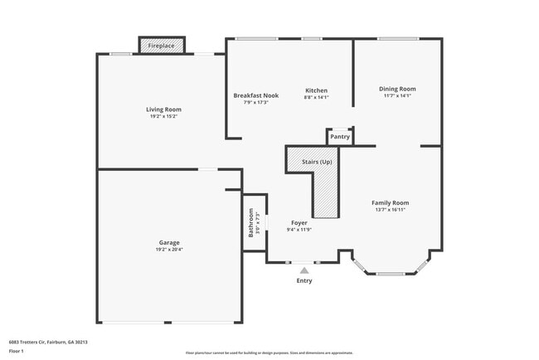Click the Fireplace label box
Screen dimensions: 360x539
(162, 46)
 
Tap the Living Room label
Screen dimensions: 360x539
(163, 109)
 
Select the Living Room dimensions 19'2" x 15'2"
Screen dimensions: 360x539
(163, 116)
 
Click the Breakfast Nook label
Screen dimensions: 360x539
(256, 95)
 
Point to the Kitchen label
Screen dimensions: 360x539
(316, 90)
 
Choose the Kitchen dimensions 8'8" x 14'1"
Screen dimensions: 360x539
(316, 97)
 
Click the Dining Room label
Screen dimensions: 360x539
(397, 89)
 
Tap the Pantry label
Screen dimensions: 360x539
(340, 136)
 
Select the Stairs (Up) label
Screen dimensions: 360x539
(317, 161)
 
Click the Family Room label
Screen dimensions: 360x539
(390, 202)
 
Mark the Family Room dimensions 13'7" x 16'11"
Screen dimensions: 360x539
(390, 209)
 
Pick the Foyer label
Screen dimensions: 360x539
(299, 223)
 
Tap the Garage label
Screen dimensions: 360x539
(169, 243)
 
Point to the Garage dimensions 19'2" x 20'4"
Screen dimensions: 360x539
(169, 250)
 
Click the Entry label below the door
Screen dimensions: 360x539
(304, 280)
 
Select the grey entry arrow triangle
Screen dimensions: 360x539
(304, 270)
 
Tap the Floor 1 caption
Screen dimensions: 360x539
(17, 351)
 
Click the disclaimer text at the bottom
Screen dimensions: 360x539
(269, 352)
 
